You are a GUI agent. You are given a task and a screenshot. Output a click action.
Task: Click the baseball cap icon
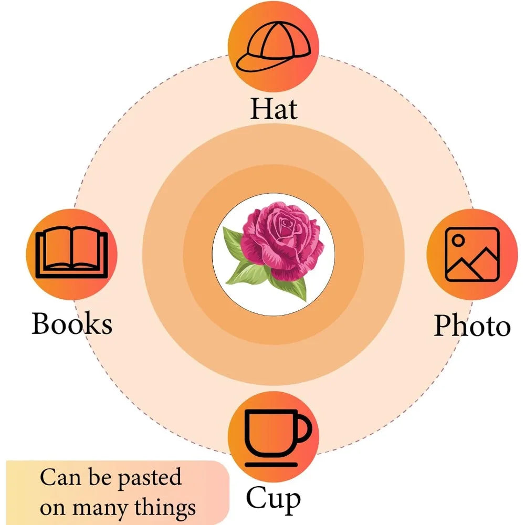(273, 46)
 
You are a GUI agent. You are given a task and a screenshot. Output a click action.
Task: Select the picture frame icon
(472, 255)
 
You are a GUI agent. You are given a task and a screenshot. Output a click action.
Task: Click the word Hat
(274, 108)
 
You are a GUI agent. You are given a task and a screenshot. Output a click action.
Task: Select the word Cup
(273, 500)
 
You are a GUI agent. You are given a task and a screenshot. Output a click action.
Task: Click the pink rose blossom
(282, 240)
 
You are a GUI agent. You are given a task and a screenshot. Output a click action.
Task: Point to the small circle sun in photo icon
(458, 240)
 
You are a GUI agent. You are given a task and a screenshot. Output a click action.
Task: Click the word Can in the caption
(60, 477)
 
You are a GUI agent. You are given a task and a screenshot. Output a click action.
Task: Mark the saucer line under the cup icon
(271, 465)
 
